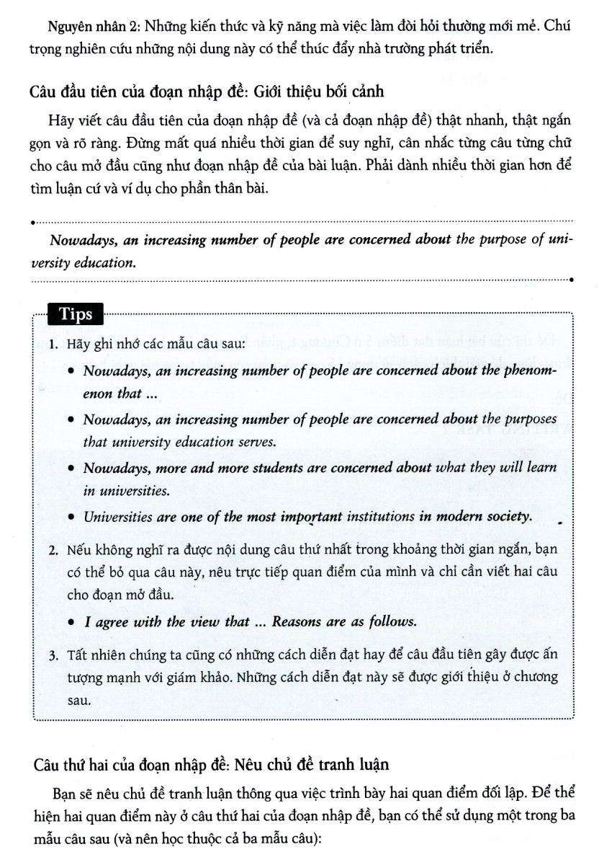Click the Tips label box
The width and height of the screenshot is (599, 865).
coord(75,314)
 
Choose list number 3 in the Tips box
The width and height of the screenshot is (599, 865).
coord(53,654)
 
